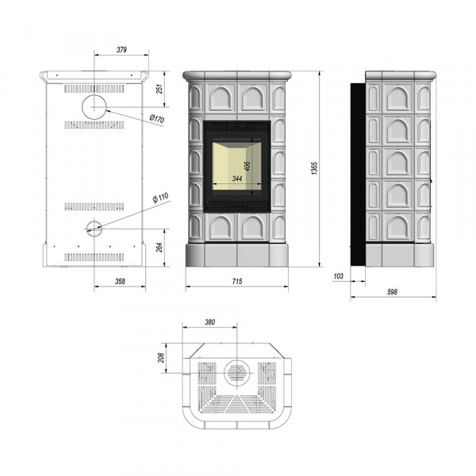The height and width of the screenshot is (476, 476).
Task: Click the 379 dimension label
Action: point(121,50)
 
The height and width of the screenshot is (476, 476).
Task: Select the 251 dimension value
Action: point(159,89)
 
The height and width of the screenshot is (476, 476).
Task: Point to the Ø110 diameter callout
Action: point(160,198)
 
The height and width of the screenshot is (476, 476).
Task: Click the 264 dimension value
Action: point(159,247)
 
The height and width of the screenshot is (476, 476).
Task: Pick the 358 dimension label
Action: point(120,282)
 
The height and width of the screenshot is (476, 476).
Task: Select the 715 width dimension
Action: point(237,282)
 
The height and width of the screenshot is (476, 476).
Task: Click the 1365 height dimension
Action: point(314,168)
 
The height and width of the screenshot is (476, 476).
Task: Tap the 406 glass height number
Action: point(248,166)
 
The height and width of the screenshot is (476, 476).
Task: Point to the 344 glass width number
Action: point(237,178)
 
